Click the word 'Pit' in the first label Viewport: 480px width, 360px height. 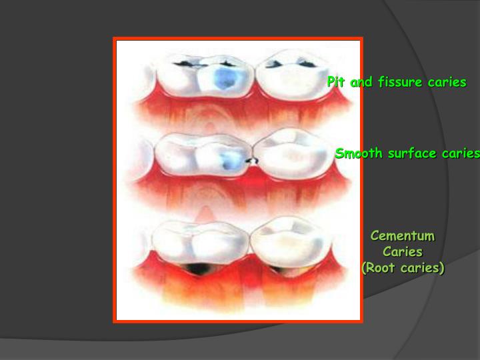click(x=335, y=83)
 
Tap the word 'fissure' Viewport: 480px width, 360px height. click(x=402, y=83)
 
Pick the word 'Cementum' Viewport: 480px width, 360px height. click(x=403, y=236)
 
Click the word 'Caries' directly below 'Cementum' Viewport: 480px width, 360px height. click(x=403, y=252)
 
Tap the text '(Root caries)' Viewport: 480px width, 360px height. click(x=403, y=268)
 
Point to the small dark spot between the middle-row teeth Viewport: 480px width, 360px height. click(x=251, y=160)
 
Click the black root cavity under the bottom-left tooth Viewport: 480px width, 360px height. click(x=198, y=268)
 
